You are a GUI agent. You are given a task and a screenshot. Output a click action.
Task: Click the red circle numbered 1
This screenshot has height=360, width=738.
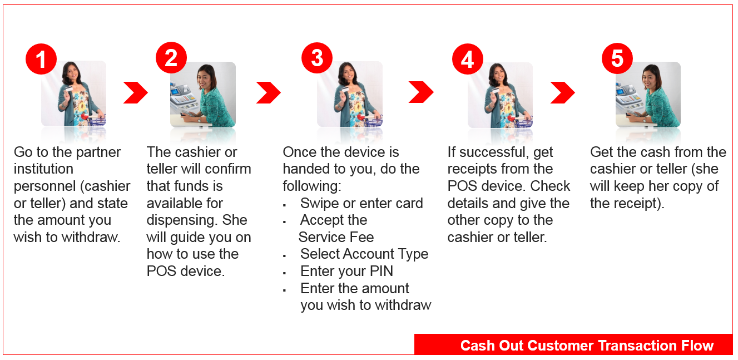pyautogui.click(x=41, y=59)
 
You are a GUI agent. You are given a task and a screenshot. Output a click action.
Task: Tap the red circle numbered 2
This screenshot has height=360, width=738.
pyautogui.click(x=171, y=58)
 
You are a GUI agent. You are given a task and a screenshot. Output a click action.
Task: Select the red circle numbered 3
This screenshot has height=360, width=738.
pyautogui.click(x=317, y=58)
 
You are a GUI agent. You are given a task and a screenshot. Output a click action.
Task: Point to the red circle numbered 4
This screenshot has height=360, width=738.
pyautogui.click(x=468, y=59)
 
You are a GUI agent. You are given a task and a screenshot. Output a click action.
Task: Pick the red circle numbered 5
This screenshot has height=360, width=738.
pyautogui.click(x=617, y=58)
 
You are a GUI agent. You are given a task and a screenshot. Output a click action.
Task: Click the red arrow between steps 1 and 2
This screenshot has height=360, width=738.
pyautogui.click(x=136, y=92)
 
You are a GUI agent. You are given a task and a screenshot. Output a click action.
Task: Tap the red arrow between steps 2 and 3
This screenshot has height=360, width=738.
pyautogui.click(x=269, y=92)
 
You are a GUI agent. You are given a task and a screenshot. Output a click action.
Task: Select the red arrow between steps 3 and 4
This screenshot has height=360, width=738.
pyautogui.click(x=421, y=92)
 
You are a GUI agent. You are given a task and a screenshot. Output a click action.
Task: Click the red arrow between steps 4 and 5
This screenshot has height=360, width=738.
pyautogui.click(x=563, y=92)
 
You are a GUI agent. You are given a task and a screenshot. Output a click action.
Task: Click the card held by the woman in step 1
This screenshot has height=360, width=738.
pyautogui.click(x=69, y=90)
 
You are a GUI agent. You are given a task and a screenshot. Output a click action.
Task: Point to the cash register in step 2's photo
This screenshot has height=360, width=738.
pyautogui.click(x=183, y=97)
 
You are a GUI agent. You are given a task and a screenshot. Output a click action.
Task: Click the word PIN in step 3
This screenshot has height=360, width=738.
pyautogui.click(x=382, y=272)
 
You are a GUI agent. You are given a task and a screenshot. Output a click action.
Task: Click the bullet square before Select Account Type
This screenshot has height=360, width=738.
pyautogui.click(x=284, y=256)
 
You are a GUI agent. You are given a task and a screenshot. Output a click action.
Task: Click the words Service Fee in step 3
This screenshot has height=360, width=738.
pyautogui.click(x=336, y=238)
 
